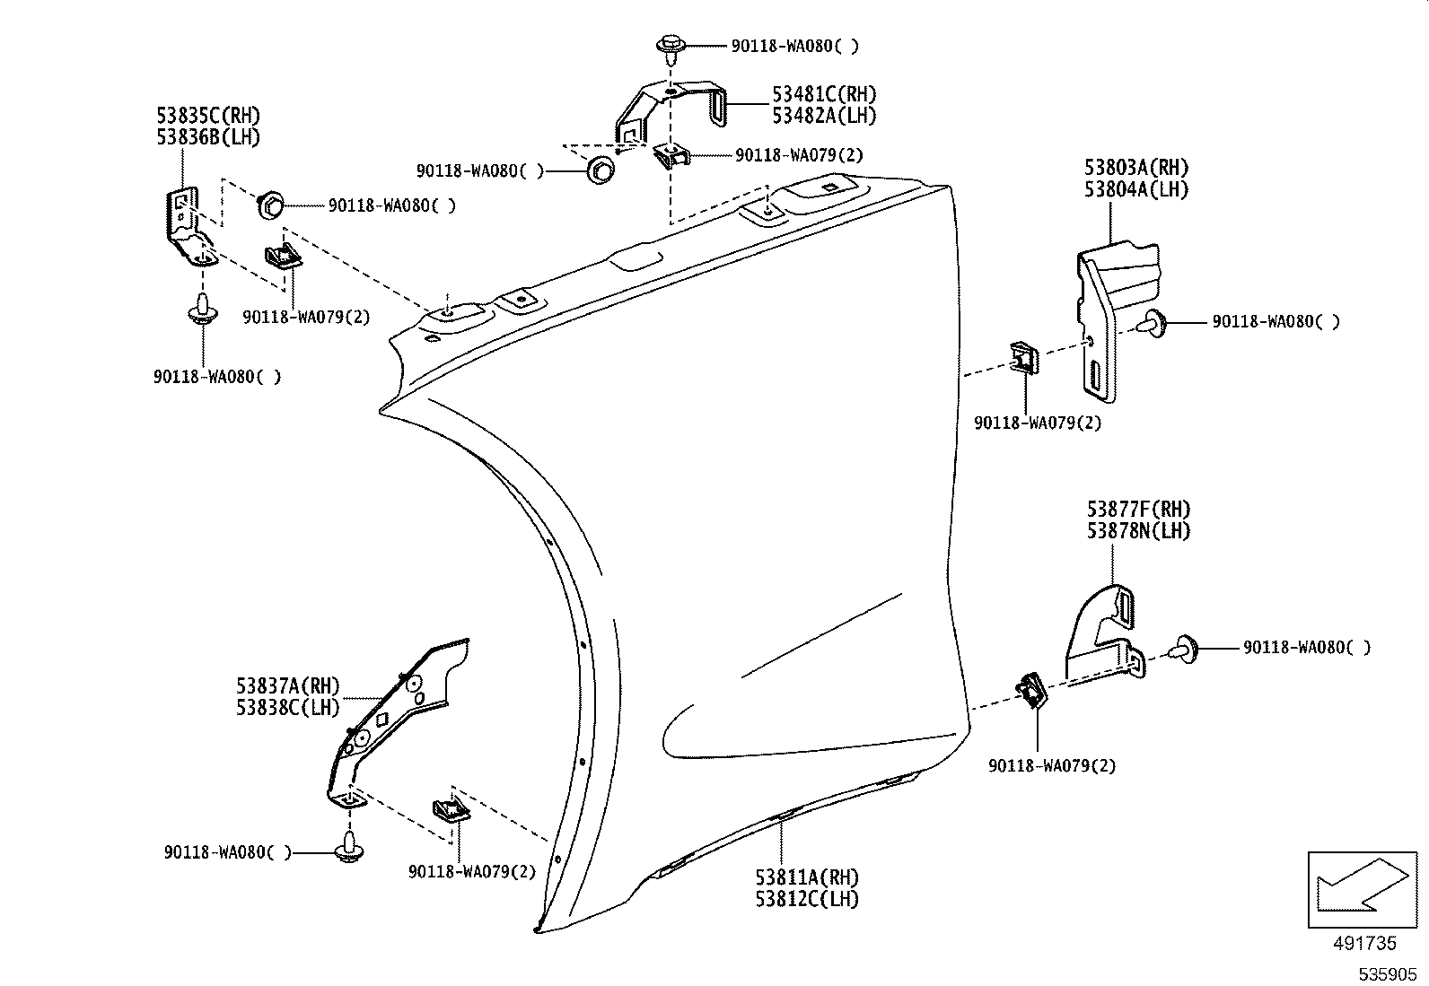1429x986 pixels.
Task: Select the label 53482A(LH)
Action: pyautogui.click(x=824, y=116)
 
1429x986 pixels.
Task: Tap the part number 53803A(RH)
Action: pyautogui.click(x=1135, y=168)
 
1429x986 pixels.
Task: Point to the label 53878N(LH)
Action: pyautogui.click(x=1137, y=531)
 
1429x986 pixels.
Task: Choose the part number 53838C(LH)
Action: pyautogui.click(x=288, y=707)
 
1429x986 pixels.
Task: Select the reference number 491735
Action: pyautogui.click(x=1363, y=944)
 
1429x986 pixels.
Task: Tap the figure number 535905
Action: pyautogui.click(x=1388, y=974)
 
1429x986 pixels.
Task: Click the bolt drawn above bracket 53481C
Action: pyautogui.click(x=670, y=46)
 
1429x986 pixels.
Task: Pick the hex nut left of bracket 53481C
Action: pyautogui.click(x=601, y=169)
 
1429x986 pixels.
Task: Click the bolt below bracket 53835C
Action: pyautogui.click(x=202, y=309)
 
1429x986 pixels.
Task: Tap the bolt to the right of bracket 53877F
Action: pyautogui.click(x=1186, y=648)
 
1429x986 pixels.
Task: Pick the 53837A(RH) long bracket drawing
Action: pyautogui.click(x=395, y=718)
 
